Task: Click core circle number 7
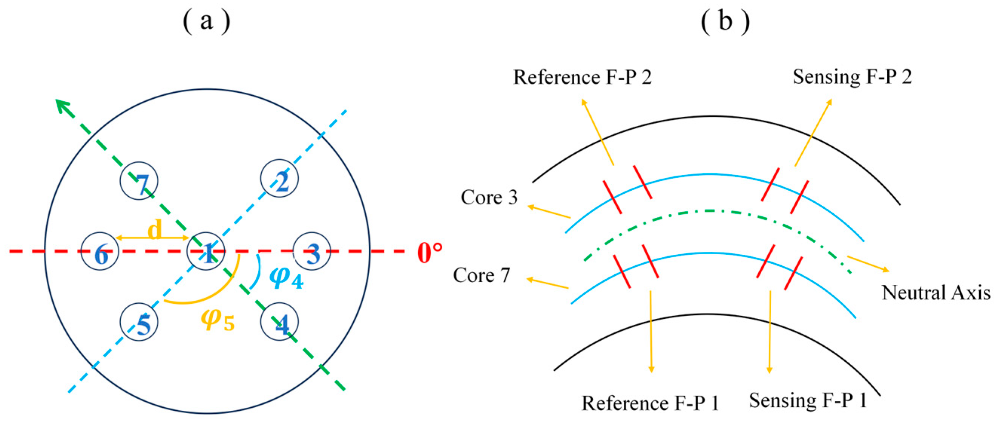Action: click(x=139, y=180)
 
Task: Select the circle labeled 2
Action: click(x=279, y=178)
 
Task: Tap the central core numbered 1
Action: click(x=206, y=251)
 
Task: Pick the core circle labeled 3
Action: click(x=311, y=251)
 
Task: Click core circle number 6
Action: click(x=100, y=251)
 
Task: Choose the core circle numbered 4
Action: click(x=279, y=322)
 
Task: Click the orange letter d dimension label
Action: click(x=155, y=231)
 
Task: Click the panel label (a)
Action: click(x=206, y=21)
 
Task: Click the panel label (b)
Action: click(x=725, y=21)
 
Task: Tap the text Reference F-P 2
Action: click(x=582, y=77)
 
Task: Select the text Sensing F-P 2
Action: click(x=852, y=76)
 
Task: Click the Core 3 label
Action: click(x=489, y=197)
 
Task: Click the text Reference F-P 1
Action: click(x=650, y=403)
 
